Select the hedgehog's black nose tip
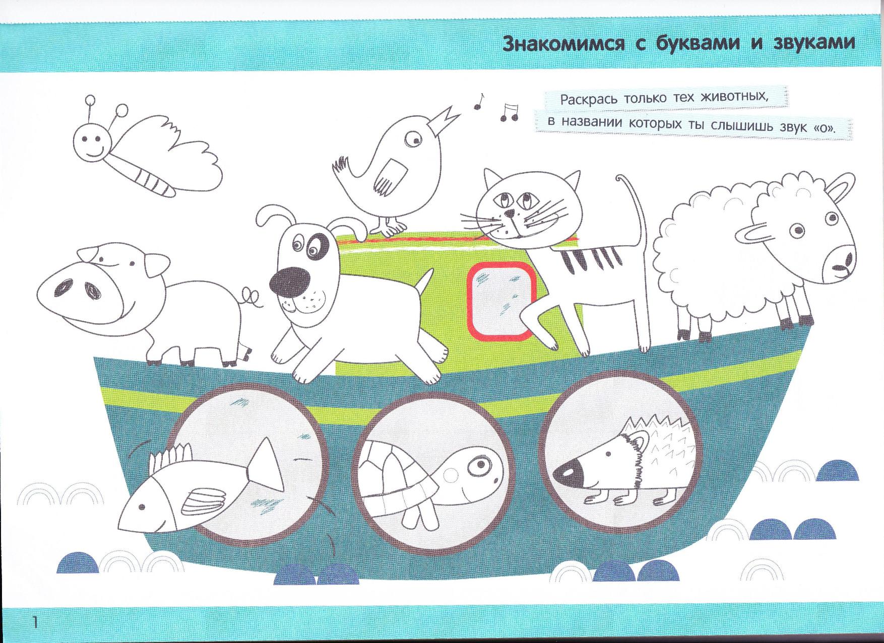coord(566,473)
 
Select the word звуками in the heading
coord(813,44)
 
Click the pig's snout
coord(76,289)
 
